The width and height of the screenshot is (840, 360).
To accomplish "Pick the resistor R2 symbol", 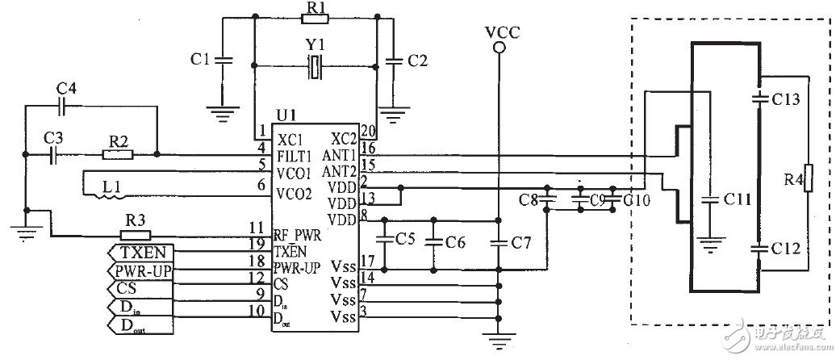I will (118, 154).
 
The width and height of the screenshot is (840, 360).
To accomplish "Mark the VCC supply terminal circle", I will (499, 48).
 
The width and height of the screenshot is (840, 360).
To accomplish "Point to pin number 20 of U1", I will (368, 131).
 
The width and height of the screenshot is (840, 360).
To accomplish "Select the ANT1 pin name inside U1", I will (341, 154).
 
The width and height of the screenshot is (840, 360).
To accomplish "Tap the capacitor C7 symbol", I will (499, 241).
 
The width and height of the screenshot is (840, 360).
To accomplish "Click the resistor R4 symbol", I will (809, 178).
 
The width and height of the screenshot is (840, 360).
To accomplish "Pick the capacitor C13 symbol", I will (759, 99).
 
